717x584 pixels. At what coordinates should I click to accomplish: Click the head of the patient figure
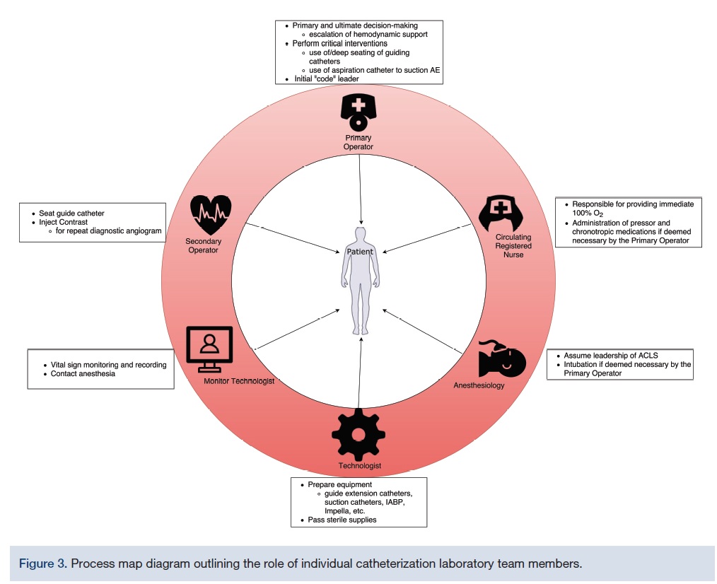point(361,235)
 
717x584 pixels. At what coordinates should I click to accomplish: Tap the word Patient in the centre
point(360,252)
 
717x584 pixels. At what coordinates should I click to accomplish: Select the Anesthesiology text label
point(479,385)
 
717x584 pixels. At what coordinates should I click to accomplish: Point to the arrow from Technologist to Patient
point(359,375)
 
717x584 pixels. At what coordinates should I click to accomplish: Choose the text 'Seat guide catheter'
point(71,214)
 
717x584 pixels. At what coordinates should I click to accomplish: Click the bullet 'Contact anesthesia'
point(83,374)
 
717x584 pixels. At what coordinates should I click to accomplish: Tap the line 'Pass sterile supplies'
point(342,520)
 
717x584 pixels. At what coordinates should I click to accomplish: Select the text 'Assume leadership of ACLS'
point(611,355)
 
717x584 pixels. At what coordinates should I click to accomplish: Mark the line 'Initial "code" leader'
point(326,79)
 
